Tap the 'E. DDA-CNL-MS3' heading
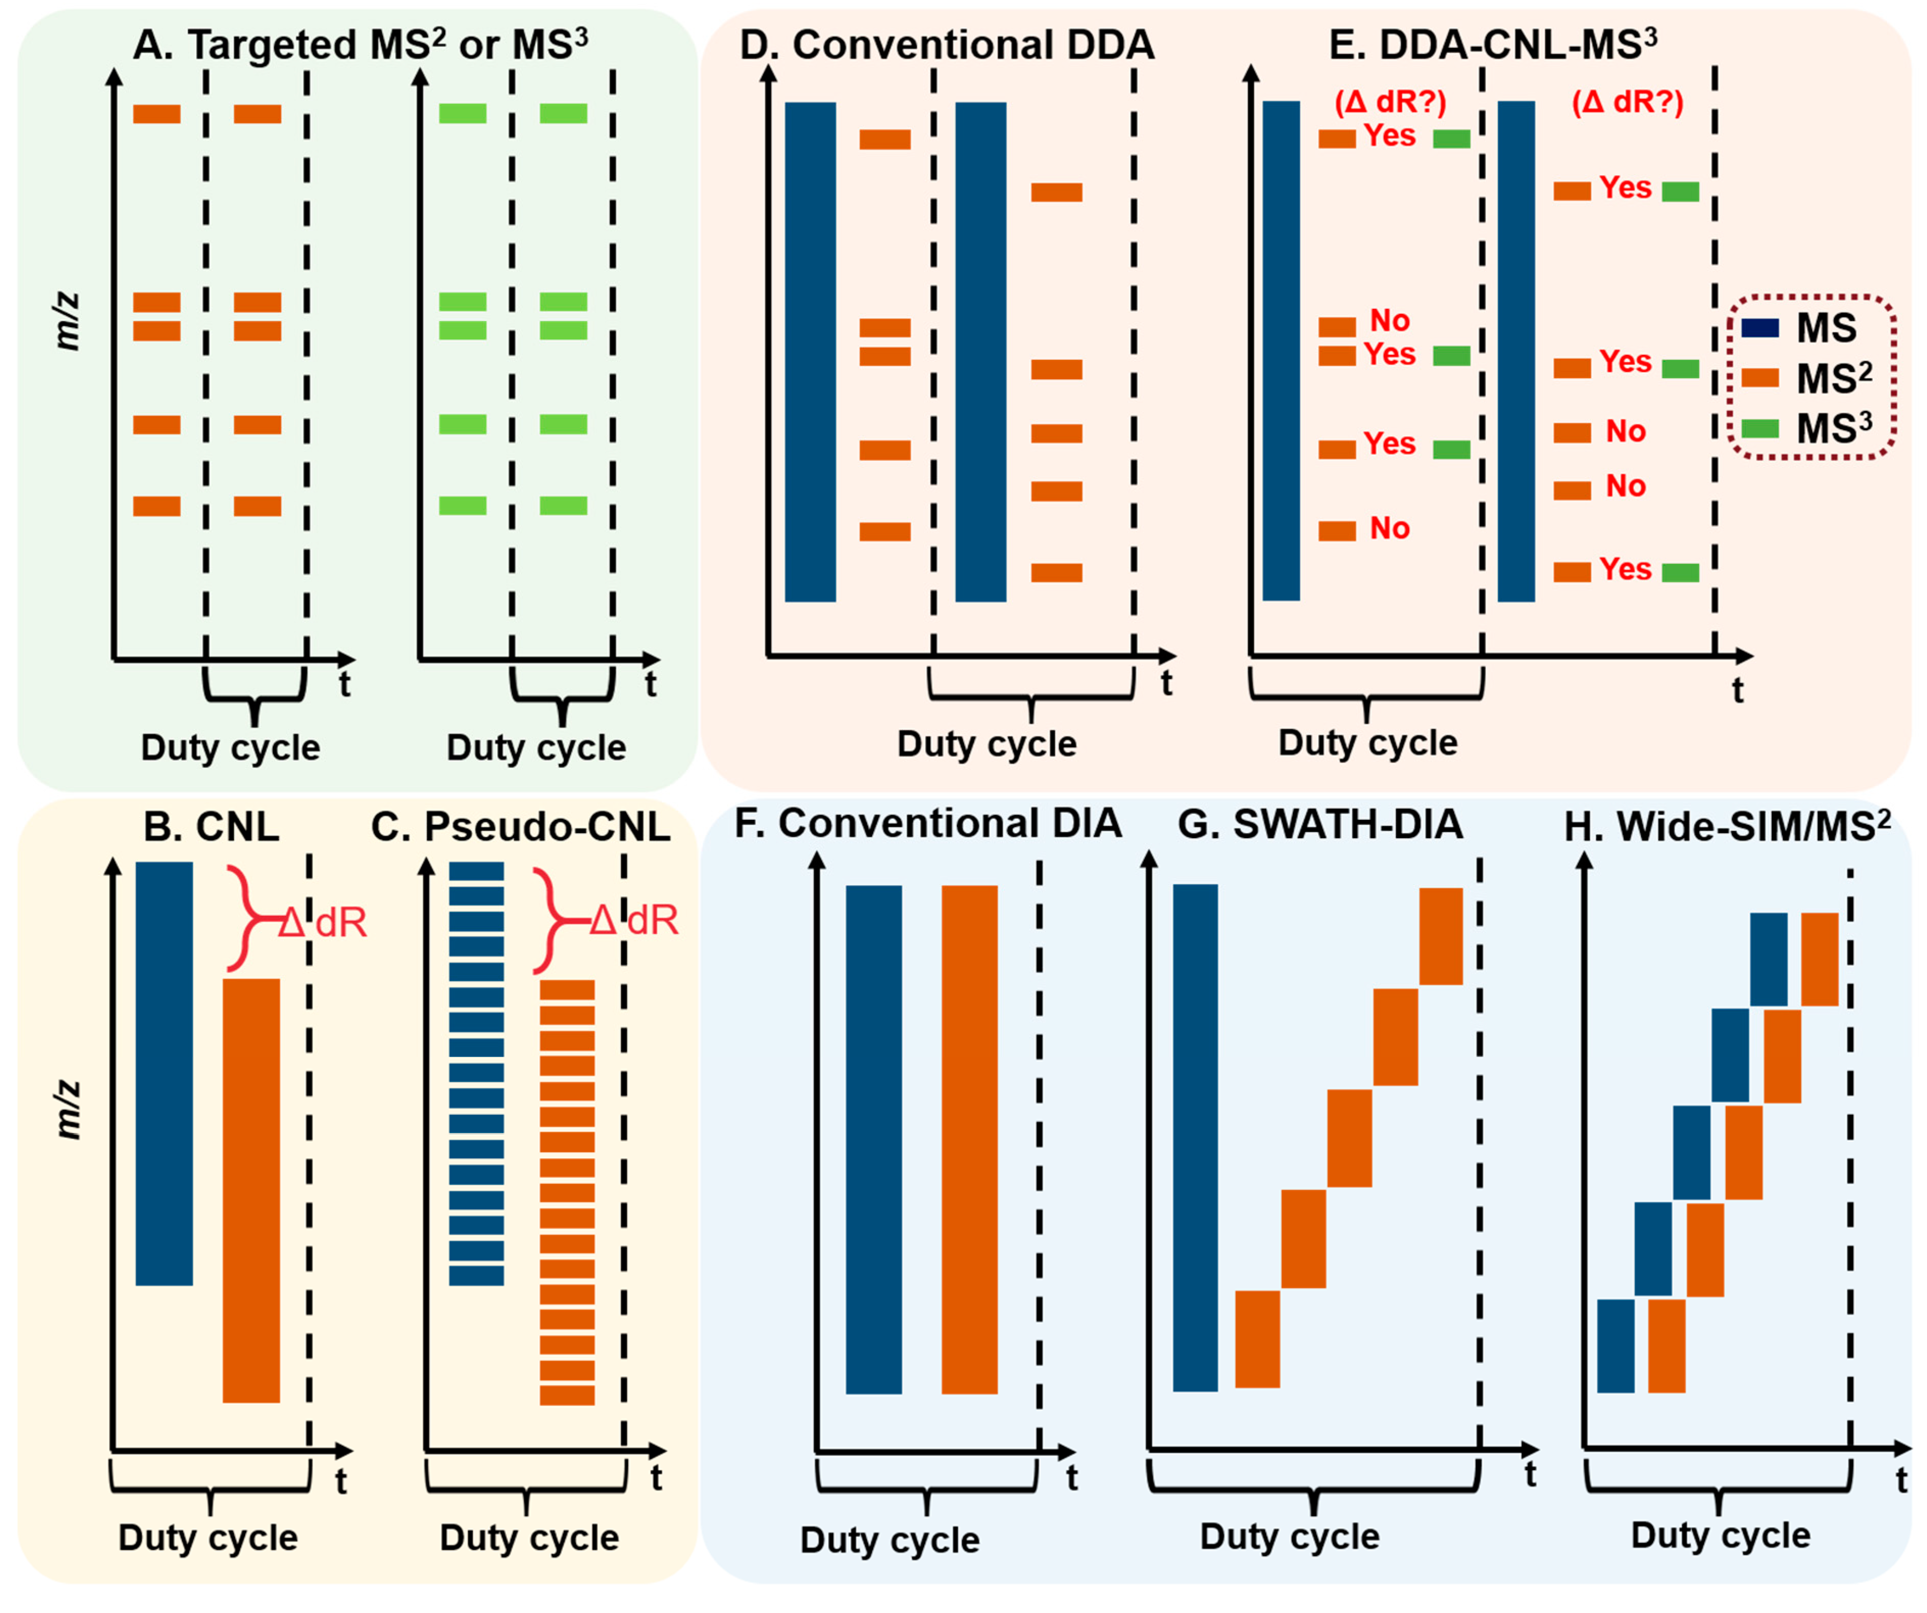point(1493,44)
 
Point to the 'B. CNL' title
point(211,827)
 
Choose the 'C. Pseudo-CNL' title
point(520,827)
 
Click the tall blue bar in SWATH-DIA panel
point(1194,1138)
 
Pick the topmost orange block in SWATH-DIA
point(1441,936)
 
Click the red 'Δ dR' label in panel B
point(323,922)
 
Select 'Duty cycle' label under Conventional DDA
point(986,743)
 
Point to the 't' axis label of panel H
point(1901,1479)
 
